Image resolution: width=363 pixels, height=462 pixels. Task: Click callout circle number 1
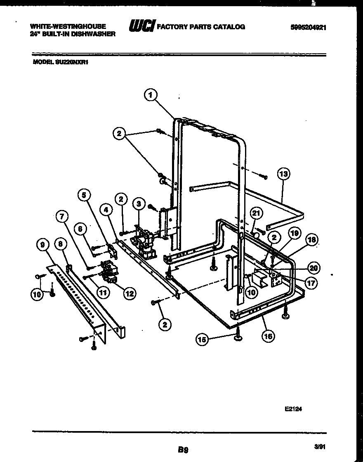point(151,95)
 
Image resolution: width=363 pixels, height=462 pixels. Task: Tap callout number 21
point(256,213)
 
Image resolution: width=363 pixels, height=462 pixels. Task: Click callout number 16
point(268,336)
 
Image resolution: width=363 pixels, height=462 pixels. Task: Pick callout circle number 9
point(41,245)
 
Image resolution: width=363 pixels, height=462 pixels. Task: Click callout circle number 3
point(138,203)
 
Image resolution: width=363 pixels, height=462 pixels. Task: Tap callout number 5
point(85,195)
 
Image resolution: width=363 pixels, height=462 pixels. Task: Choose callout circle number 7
point(62,216)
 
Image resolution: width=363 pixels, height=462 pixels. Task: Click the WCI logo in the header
point(141,27)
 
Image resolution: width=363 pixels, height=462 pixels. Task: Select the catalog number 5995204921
point(309,27)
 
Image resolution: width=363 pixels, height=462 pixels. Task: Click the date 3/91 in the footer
point(318,446)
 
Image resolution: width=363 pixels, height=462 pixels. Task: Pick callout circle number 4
point(106,210)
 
